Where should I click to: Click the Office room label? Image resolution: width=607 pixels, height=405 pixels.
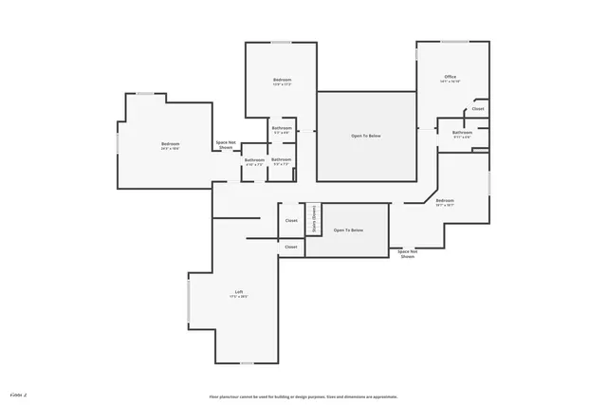(x=451, y=76)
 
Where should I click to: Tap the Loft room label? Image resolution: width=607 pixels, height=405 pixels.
(x=239, y=291)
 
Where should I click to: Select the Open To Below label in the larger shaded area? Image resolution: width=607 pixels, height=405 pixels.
(x=366, y=137)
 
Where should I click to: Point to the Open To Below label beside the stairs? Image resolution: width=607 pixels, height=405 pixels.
(x=347, y=230)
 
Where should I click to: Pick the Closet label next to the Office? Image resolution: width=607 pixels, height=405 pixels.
(x=478, y=109)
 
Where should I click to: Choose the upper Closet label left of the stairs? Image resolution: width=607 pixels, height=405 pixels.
(x=291, y=221)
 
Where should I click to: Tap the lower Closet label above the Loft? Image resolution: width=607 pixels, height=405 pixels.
(x=291, y=247)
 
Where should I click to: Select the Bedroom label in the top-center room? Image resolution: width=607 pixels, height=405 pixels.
(x=282, y=80)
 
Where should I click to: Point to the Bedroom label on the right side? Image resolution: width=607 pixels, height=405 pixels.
(x=445, y=200)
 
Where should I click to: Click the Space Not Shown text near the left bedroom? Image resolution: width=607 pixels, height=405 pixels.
(x=226, y=145)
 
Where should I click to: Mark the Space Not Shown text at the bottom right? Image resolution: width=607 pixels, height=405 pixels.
(x=408, y=253)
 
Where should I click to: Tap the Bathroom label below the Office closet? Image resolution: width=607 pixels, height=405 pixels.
(x=462, y=133)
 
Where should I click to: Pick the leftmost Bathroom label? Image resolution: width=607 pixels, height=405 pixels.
(x=254, y=160)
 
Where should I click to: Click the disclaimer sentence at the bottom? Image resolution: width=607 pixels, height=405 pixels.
(x=303, y=396)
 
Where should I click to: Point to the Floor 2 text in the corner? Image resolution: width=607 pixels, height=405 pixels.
(x=18, y=392)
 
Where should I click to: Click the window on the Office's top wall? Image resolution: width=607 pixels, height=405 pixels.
(x=454, y=42)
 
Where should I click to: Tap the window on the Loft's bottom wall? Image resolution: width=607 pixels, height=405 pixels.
(x=247, y=363)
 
